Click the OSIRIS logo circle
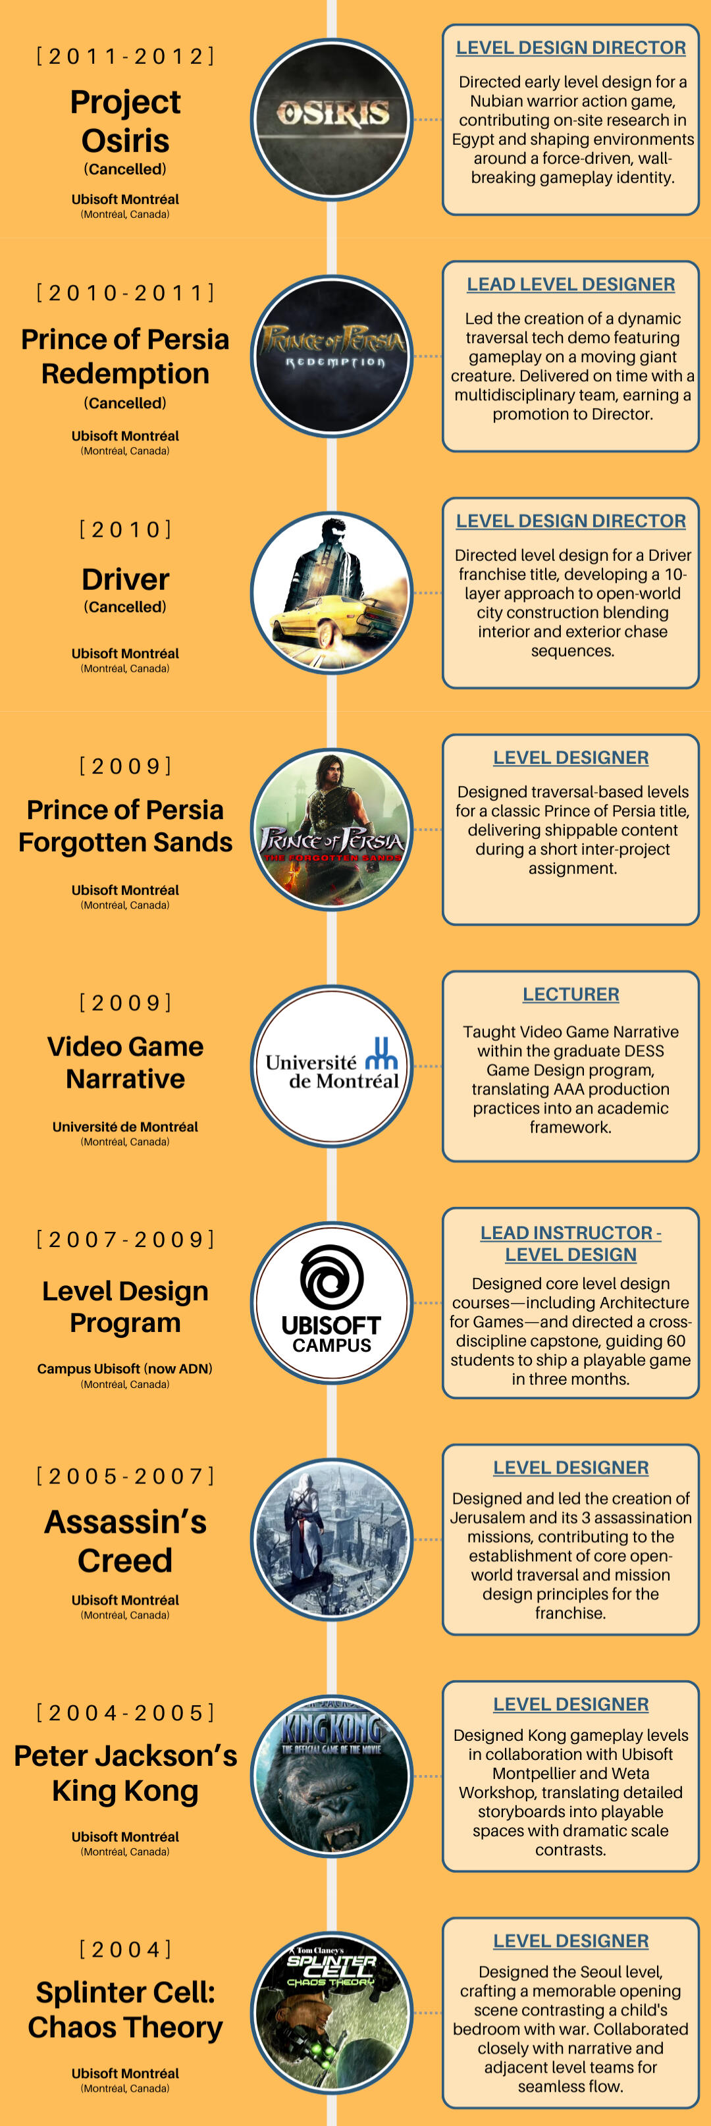point(332,120)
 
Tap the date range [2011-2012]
point(125,56)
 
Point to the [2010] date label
point(125,529)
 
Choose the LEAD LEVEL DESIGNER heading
point(571,284)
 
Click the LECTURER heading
point(571,994)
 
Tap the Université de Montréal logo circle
point(332,1067)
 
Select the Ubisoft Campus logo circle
point(332,1303)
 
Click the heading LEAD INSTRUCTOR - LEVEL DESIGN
point(571,1244)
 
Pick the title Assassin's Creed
point(125,1541)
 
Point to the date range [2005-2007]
point(125,1475)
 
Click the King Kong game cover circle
point(332,1776)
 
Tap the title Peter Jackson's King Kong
point(125,1773)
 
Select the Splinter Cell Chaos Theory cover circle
point(332,2013)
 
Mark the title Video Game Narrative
point(125,1062)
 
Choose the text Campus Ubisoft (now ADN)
point(124,1368)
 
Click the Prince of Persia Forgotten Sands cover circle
point(332,830)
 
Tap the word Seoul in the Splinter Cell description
point(590,1972)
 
